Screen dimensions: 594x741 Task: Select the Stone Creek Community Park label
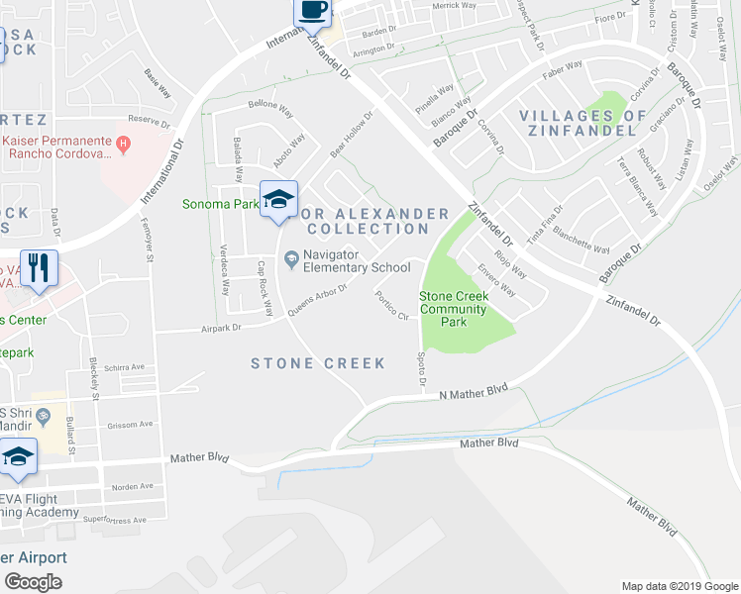(453, 309)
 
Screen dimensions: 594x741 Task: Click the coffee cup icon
(312, 11)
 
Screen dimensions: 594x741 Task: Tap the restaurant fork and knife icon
(39, 268)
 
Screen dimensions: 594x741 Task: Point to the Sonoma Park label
(217, 205)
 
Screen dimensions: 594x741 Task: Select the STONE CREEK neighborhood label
(318, 363)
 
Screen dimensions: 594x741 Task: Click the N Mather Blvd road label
(474, 392)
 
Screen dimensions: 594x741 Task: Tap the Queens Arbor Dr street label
(317, 298)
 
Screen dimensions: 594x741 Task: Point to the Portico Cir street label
(391, 305)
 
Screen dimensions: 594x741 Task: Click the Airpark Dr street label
(221, 328)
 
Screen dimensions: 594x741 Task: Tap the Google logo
(34, 582)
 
